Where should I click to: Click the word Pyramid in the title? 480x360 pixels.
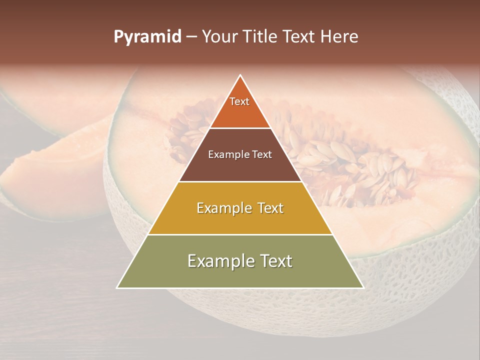[x=147, y=37]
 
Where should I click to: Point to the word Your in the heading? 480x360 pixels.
[x=218, y=37]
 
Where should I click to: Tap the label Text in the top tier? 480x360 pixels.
[x=239, y=101]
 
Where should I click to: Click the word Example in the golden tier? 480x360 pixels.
[x=223, y=208]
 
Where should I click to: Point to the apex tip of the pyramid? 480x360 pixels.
[x=240, y=76]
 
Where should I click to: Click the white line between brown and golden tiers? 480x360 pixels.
[x=240, y=181]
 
